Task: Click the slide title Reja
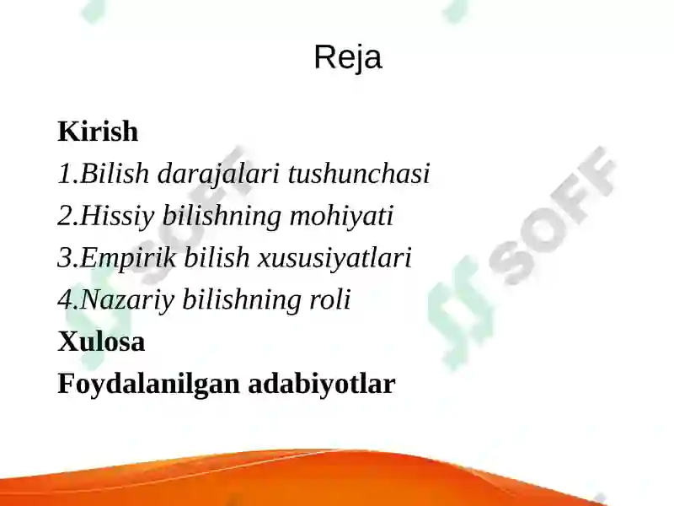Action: click(347, 57)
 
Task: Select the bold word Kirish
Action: click(98, 132)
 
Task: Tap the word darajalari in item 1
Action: click(220, 174)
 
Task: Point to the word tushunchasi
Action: click(359, 174)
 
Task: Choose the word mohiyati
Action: click(341, 216)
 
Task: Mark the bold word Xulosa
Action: click(101, 342)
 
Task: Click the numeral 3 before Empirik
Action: click(63, 258)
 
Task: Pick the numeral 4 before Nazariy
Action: click(63, 300)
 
